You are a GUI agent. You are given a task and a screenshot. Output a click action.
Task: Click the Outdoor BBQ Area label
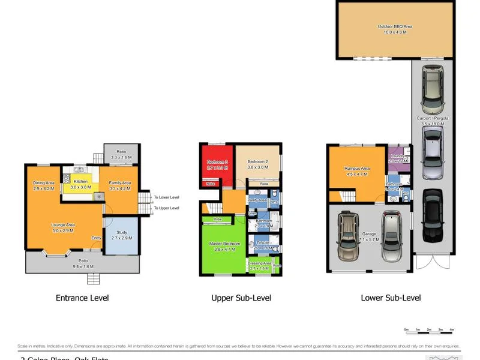click(395, 26)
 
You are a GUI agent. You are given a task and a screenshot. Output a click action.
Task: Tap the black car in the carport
click(432, 215)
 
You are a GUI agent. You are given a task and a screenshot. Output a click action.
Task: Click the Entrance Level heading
click(82, 298)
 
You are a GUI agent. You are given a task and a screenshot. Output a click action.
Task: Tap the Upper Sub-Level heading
click(241, 298)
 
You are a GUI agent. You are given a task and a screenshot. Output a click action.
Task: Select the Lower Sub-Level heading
click(391, 298)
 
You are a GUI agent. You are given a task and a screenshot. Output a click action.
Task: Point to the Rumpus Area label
click(356, 169)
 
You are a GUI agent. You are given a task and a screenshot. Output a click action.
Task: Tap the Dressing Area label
click(260, 263)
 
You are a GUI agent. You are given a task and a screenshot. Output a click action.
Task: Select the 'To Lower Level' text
click(166, 197)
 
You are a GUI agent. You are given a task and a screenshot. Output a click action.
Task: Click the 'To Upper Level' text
click(166, 208)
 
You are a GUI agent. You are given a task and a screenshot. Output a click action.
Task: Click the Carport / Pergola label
click(433, 118)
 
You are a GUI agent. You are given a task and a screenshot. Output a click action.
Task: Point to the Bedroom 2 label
click(257, 162)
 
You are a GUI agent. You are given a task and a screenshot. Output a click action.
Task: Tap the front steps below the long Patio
click(93, 279)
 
